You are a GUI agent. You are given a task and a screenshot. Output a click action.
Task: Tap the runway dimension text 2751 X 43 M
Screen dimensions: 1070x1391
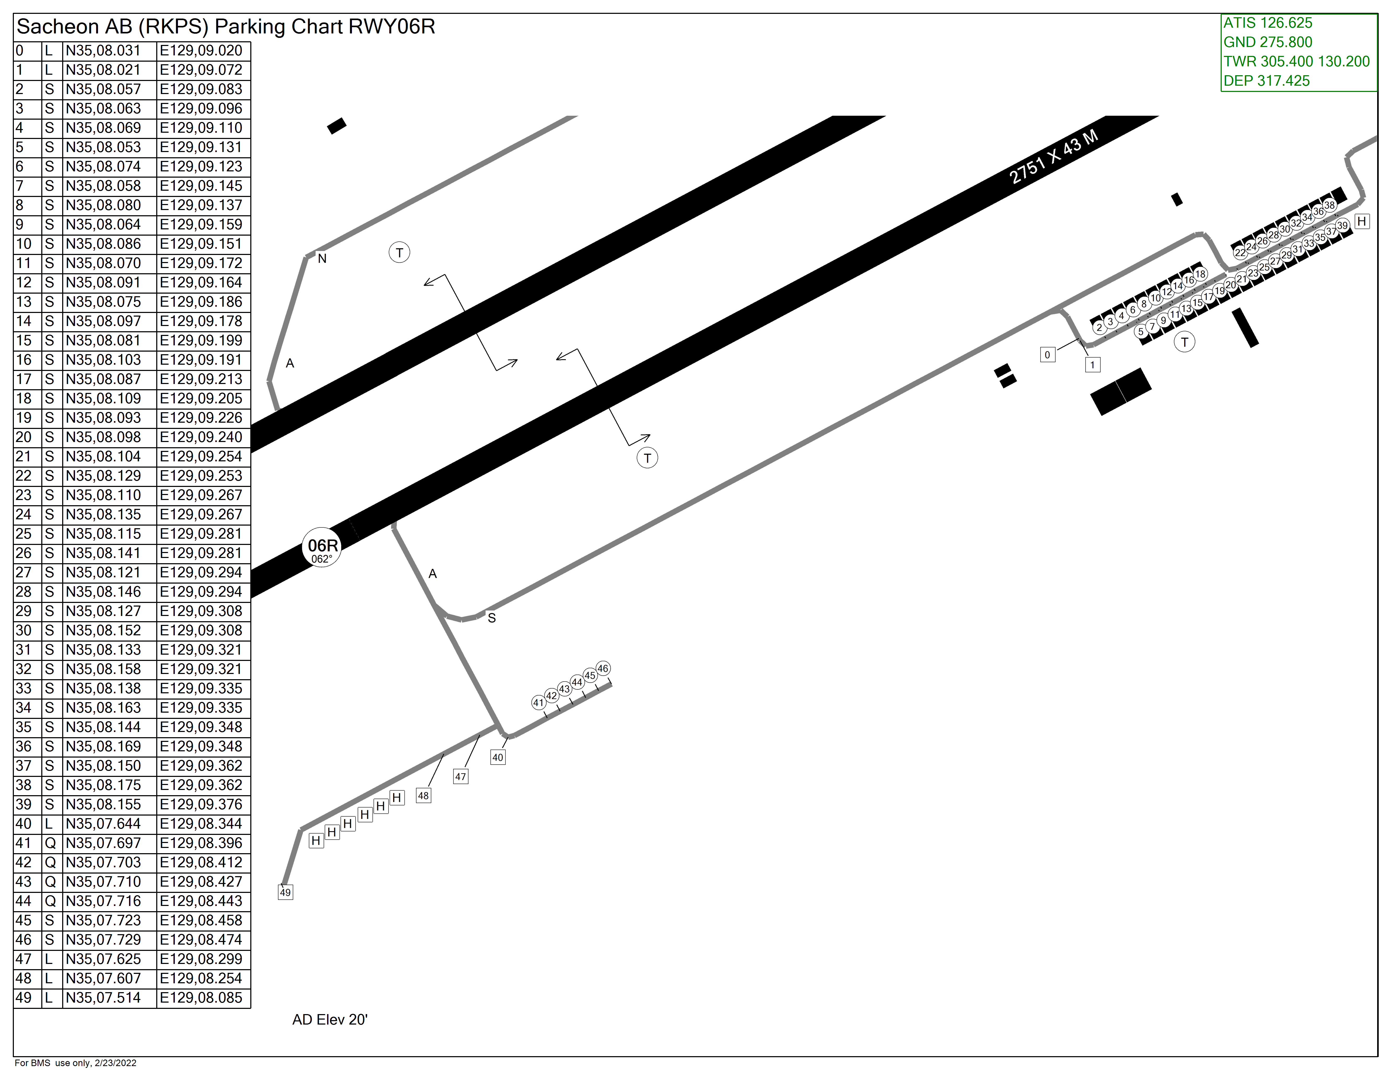point(1054,157)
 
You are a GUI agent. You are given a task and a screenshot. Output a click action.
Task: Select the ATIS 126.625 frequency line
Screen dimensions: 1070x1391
point(1267,23)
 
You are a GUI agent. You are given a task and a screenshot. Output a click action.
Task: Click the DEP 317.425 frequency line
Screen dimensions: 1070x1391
point(1266,81)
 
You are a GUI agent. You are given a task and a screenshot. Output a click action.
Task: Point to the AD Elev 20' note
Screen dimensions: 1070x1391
point(330,1020)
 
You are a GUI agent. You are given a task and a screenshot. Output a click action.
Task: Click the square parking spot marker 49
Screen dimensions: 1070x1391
point(285,892)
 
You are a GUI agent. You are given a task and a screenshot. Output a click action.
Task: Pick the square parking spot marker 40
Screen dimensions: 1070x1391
point(498,757)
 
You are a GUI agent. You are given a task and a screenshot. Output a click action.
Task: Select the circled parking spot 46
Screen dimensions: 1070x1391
point(603,668)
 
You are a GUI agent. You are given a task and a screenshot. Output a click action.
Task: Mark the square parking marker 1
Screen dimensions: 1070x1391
point(1093,364)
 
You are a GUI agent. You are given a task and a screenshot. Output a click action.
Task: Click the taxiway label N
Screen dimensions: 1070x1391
point(322,259)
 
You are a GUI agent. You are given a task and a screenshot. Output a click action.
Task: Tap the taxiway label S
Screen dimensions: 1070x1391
point(492,618)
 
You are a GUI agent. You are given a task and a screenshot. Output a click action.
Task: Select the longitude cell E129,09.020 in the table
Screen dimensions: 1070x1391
point(201,51)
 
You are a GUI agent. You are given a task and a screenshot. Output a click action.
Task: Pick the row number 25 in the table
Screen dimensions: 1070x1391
point(24,534)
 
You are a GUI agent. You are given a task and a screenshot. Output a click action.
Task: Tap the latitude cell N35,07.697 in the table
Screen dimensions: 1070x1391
point(103,843)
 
